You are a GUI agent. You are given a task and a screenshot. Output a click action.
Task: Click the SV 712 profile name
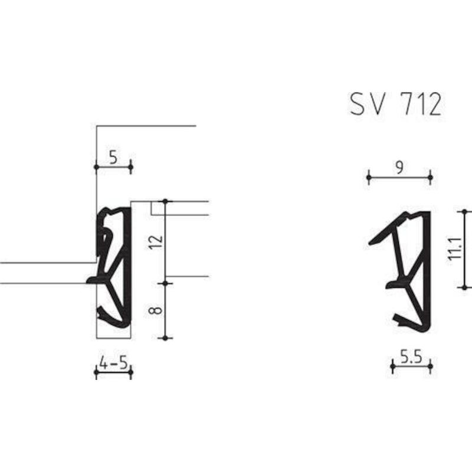point(396,104)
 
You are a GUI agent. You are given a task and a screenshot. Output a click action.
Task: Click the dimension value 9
point(399,168)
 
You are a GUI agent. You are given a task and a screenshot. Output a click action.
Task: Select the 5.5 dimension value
point(411,357)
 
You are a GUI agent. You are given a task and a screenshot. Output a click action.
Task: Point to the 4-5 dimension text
point(113,363)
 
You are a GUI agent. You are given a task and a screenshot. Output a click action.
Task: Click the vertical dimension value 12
point(156,242)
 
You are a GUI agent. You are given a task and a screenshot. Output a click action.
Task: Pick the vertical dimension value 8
point(156,310)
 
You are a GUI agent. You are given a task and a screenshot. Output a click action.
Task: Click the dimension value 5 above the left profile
point(113,158)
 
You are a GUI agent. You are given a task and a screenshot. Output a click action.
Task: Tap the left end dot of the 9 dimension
point(369,178)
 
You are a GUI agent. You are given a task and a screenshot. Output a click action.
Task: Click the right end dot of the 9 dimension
point(430,178)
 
